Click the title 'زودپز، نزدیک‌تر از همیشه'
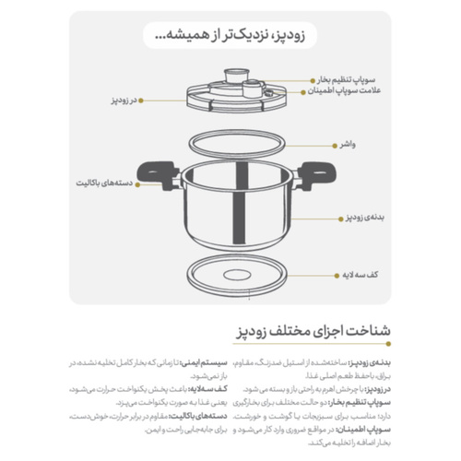233,37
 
